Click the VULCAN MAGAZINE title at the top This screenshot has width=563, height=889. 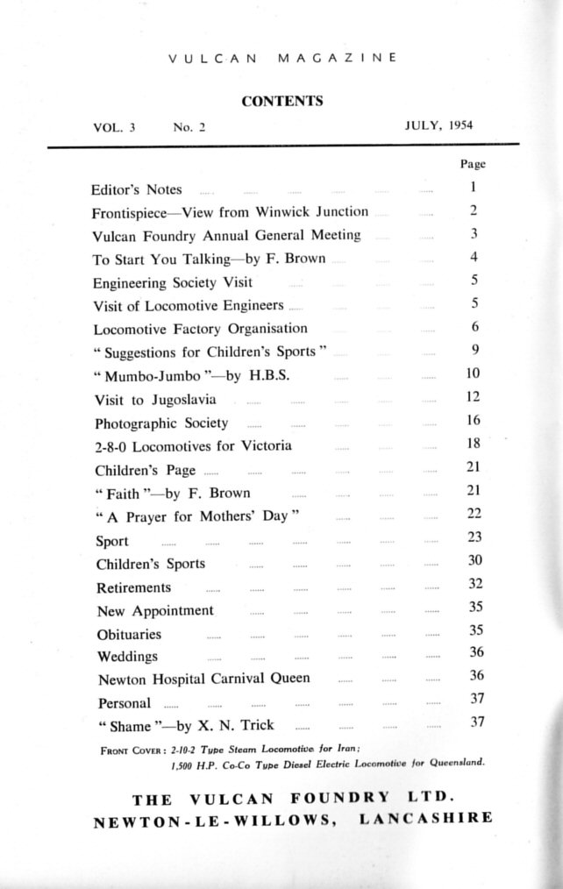[281, 58]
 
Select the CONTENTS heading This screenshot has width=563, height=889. [281, 101]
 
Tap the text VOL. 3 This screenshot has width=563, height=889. [114, 127]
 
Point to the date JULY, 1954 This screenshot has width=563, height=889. [438, 125]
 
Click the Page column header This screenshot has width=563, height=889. [473, 164]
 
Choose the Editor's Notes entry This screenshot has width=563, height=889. [136, 189]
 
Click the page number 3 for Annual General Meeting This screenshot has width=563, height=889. [473, 234]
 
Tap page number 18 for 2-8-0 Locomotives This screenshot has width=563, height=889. [474, 444]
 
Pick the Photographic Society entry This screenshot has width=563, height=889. [161, 423]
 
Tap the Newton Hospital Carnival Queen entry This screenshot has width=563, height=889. [203, 679]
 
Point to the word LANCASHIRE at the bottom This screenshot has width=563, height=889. [426, 818]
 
